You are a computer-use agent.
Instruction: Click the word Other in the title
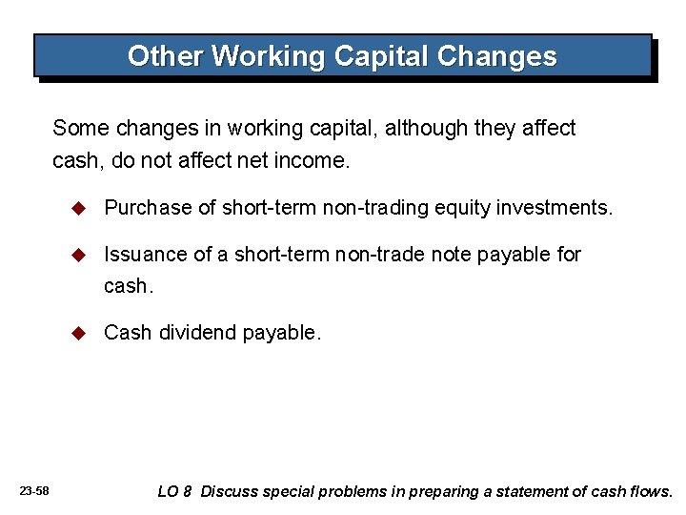[x=166, y=56]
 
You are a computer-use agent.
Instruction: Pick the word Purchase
[x=142, y=208]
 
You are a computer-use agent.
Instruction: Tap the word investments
[x=555, y=208]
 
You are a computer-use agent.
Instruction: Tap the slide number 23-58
[x=34, y=491]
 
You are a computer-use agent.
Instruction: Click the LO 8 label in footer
[x=174, y=492]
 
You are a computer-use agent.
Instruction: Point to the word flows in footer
[x=651, y=492]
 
